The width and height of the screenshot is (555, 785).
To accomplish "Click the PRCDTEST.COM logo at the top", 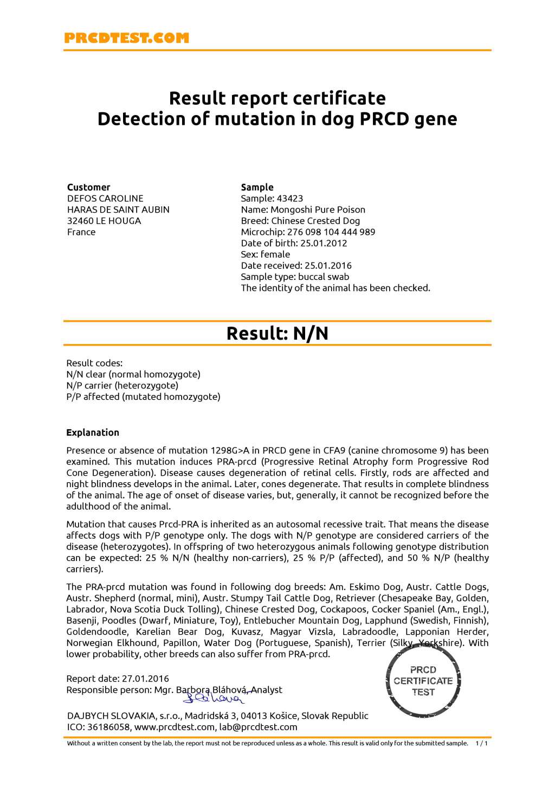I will (126, 38).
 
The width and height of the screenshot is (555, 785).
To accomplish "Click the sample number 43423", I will (290, 199).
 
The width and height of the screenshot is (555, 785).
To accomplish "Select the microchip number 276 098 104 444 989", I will (331, 232).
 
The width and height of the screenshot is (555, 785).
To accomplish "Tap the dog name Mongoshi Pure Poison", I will (318, 210).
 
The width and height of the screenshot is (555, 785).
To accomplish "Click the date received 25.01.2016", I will (328, 266).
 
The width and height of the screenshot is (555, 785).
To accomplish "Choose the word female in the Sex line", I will (275, 254).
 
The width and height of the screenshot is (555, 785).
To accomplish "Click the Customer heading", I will (88, 187).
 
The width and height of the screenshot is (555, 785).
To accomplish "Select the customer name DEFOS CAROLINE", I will (105, 199).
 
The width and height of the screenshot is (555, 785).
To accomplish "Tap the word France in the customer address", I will (81, 232).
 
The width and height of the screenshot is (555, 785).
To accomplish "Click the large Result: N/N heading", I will (277, 333).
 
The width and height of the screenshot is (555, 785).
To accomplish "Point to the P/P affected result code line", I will (143, 397).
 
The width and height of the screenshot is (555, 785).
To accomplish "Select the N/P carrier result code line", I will (122, 386).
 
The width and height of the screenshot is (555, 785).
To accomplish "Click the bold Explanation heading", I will (93, 433).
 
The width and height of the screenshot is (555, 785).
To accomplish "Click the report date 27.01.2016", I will (145, 679).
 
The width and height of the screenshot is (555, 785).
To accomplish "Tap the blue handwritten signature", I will (214, 698).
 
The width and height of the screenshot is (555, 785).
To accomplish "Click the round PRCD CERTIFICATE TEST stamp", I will (423, 681).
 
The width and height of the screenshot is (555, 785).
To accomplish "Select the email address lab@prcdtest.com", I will (258, 727).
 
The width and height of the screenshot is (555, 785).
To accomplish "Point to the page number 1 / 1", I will (481, 744).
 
